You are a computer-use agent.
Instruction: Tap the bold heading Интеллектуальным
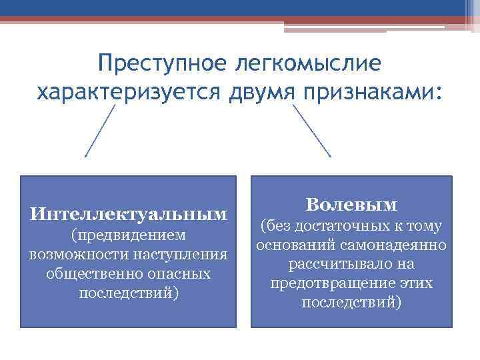(x=129, y=215)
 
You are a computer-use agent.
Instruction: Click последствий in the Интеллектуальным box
(x=129, y=293)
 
